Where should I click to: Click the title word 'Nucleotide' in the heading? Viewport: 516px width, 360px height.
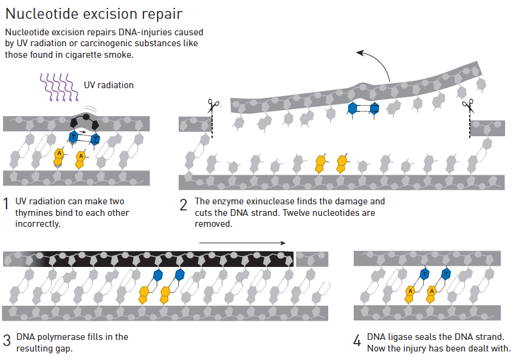click(42, 14)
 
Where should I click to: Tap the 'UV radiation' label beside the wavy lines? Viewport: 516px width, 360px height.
click(109, 85)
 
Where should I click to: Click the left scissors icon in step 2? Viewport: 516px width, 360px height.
click(213, 106)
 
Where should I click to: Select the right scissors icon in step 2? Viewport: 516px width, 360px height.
click(469, 106)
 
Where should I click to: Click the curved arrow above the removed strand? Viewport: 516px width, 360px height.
click(379, 61)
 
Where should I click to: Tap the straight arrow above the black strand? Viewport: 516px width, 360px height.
click(243, 243)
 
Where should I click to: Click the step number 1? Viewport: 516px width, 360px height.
click(5, 204)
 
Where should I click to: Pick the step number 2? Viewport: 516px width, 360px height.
click(184, 205)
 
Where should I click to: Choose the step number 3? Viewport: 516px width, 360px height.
click(7, 341)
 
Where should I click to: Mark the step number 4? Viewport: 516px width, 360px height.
click(357, 341)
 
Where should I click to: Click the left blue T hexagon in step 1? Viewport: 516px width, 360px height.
click(74, 137)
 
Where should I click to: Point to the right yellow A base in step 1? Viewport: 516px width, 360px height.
click(81, 159)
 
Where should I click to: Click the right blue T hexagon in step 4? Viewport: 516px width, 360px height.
click(446, 274)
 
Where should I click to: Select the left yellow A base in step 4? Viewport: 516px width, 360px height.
click(410, 294)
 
